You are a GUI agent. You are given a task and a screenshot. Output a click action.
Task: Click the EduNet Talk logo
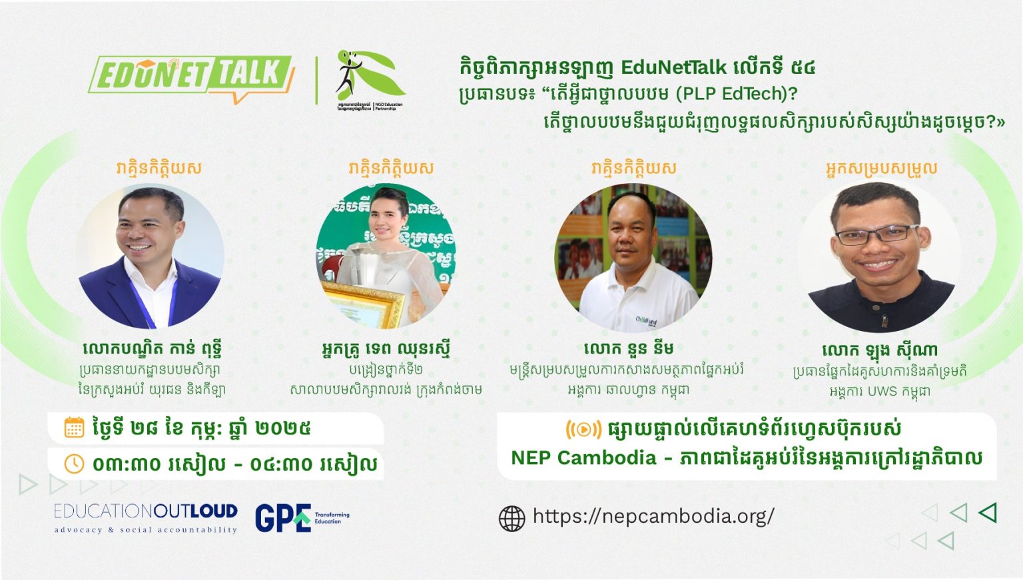[x=191, y=76]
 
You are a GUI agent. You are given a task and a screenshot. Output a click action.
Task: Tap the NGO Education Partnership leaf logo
[x=370, y=79]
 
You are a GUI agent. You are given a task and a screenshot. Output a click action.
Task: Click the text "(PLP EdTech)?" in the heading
[x=736, y=94]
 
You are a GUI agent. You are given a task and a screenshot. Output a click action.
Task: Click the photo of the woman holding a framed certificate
[x=386, y=256]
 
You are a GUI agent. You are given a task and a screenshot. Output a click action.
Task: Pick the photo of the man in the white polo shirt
[x=633, y=258]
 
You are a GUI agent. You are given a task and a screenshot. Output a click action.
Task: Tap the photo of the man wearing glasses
[x=878, y=258]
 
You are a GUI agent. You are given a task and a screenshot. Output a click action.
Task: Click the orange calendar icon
[x=74, y=428]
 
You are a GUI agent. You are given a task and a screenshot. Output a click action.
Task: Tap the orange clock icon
[x=74, y=463]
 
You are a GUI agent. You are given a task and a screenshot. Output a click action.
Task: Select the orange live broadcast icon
[x=583, y=430]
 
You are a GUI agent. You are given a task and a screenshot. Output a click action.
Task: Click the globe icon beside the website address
[x=511, y=518]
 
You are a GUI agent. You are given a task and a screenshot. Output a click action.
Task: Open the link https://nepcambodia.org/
[x=653, y=516]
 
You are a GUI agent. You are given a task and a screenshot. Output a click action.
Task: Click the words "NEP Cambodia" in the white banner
[x=583, y=458]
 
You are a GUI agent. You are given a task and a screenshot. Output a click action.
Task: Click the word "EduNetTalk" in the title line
[x=673, y=68]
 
